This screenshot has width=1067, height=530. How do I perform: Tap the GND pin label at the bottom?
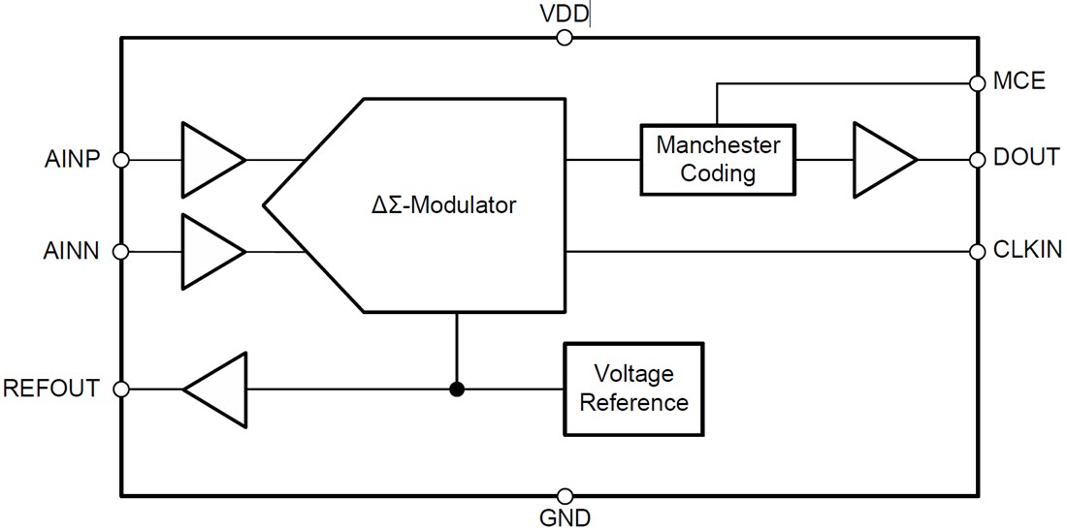pos(565,517)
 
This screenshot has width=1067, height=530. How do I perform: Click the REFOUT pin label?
pos(51,389)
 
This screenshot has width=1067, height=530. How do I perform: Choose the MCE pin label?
pos(1019,81)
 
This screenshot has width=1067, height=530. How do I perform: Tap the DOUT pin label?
pos(1026,158)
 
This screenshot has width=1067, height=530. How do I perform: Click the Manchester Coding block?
pos(717,159)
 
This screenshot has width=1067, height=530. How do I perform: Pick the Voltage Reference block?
pos(633,388)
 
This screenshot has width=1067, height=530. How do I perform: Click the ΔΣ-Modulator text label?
pos(446,205)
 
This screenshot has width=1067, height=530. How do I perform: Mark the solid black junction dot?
pos(457,389)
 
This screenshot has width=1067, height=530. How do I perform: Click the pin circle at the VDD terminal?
pos(565,38)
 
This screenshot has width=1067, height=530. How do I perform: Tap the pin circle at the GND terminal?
pos(565,495)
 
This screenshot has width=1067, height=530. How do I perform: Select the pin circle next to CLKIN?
pos(977,252)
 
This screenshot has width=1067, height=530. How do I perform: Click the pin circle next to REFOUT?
pos(121,389)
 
